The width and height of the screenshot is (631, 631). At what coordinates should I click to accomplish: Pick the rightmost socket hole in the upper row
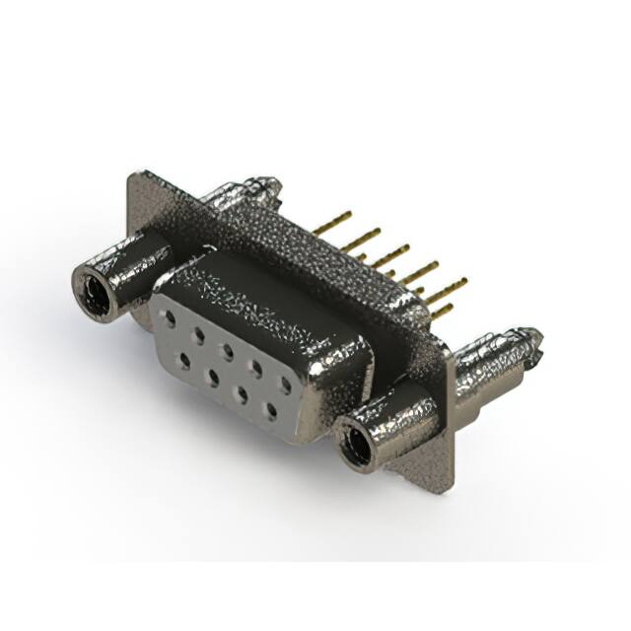coord(284,384)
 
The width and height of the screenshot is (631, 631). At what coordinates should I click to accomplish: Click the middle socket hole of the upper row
coord(227,350)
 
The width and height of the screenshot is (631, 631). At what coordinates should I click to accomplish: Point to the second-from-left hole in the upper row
coord(200,334)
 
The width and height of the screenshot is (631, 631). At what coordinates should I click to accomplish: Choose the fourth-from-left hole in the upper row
coord(255,367)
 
